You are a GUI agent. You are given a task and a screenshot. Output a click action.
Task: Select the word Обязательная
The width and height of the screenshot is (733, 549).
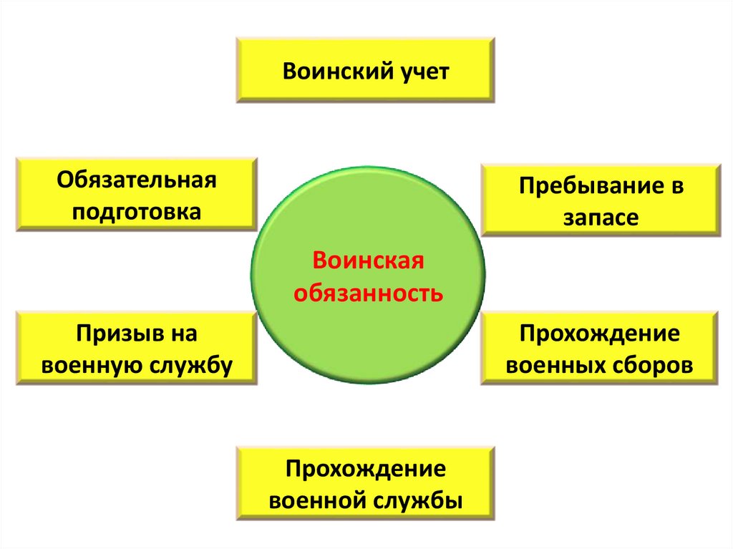[x=137, y=180]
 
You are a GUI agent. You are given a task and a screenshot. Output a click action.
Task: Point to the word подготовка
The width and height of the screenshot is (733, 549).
[x=137, y=213]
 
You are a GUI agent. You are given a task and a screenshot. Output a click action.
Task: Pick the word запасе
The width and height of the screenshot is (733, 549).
[x=600, y=218]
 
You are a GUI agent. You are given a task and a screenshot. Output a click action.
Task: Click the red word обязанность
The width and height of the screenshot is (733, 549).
[x=368, y=292]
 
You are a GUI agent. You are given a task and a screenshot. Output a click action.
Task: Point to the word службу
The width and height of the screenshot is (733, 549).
[x=192, y=366]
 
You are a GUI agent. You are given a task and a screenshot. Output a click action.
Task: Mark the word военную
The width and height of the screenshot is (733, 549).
[x=94, y=366]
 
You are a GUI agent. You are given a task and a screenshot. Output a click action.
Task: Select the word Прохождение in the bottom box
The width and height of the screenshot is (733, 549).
[x=366, y=470]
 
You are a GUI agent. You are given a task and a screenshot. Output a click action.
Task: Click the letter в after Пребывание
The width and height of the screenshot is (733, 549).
[x=677, y=188]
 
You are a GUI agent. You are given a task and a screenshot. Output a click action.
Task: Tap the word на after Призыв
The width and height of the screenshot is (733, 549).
[x=182, y=334]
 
